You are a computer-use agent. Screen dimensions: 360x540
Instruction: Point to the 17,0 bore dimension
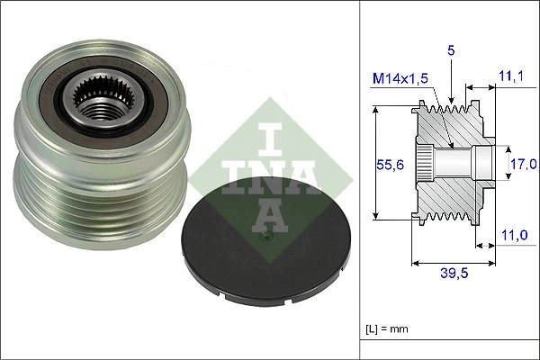click(x=524, y=164)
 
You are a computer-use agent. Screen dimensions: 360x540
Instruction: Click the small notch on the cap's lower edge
click(x=217, y=290)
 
